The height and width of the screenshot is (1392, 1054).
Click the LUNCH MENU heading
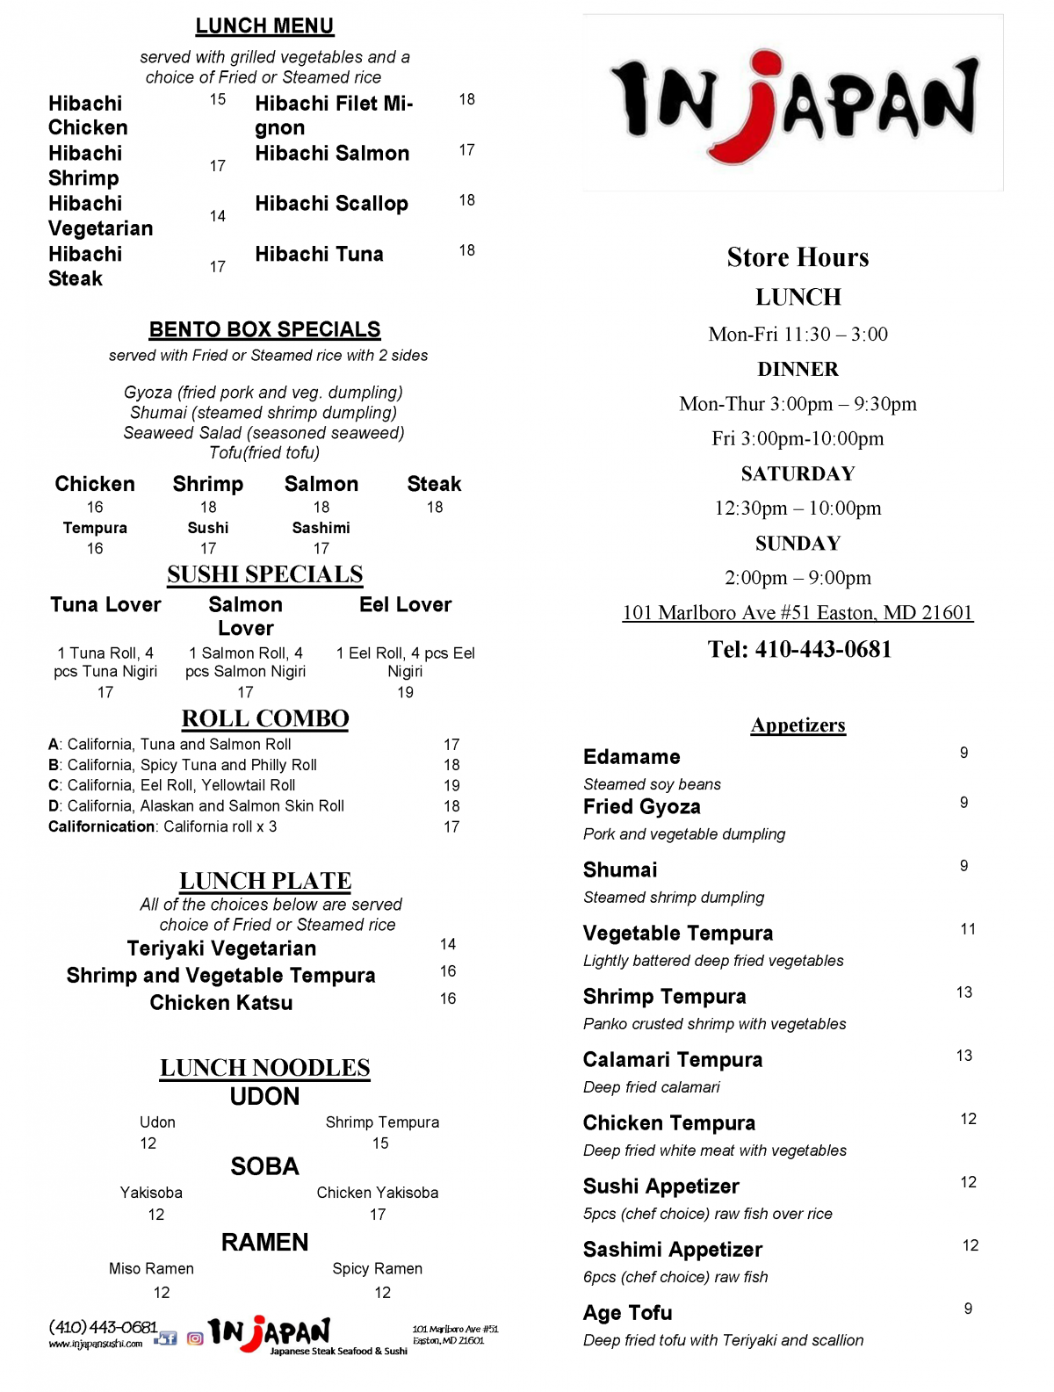(x=264, y=26)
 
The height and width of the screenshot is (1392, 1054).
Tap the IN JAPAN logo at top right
(x=793, y=103)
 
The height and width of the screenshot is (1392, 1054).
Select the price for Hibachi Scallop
(x=466, y=200)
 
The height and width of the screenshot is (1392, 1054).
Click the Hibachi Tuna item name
(x=319, y=255)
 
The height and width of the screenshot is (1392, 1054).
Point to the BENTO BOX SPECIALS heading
(x=264, y=329)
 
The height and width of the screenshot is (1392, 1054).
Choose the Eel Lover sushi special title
(x=405, y=605)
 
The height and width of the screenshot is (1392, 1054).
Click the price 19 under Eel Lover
(x=405, y=692)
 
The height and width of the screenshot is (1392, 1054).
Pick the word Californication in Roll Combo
(x=102, y=826)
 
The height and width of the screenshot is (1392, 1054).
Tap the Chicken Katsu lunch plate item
(x=221, y=1003)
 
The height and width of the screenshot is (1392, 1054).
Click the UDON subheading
(x=264, y=1097)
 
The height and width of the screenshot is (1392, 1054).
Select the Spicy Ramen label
(x=378, y=1269)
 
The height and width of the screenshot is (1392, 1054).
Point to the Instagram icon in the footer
(x=195, y=1338)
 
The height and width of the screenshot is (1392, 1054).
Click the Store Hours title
(x=798, y=257)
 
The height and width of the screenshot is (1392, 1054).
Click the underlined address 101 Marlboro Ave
(x=798, y=613)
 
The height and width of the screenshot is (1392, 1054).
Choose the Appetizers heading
(x=798, y=725)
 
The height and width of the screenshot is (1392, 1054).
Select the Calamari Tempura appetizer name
(x=673, y=1060)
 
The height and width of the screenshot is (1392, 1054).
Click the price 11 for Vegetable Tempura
(x=967, y=929)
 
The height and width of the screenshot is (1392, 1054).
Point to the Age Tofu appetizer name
(x=628, y=1313)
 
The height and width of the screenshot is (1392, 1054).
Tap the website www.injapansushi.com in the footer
(x=96, y=1344)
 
